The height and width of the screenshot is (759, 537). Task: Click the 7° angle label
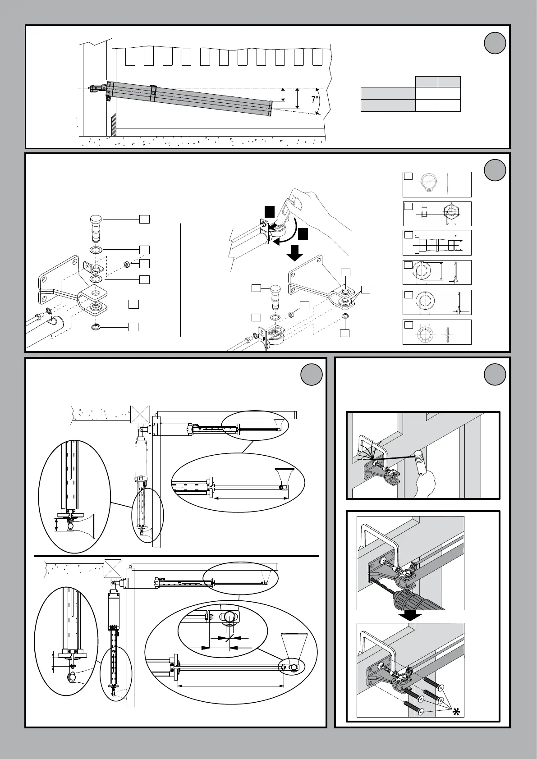click(315, 100)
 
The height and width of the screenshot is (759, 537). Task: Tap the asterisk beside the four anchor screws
click(456, 712)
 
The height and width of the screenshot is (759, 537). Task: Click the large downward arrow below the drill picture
click(410, 616)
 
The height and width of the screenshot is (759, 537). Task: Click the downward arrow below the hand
click(295, 254)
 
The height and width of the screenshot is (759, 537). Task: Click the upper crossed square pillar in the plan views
click(140, 414)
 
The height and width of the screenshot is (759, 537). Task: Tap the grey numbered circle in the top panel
click(495, 43)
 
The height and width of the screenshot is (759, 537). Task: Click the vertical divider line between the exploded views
click(180, 279)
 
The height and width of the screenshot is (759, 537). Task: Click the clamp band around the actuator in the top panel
click(153, 93)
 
